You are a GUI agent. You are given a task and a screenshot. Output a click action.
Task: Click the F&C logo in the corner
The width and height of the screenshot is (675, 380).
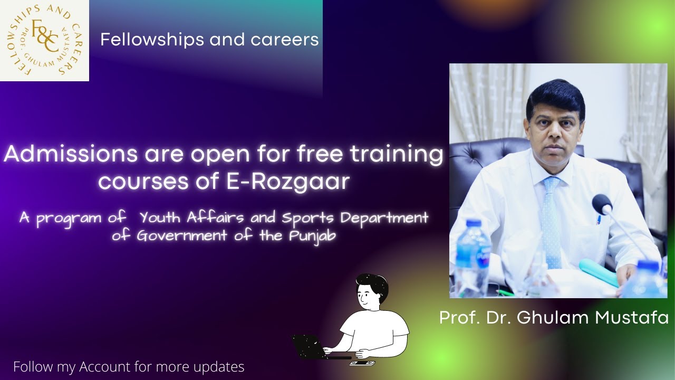(44, 40)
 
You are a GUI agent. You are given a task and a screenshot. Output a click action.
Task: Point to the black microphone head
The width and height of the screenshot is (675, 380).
(602, 204)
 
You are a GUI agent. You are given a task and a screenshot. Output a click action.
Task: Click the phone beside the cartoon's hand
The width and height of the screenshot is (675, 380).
(362, 363)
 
